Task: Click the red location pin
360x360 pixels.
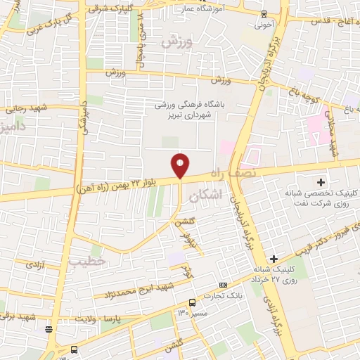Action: [181, 165]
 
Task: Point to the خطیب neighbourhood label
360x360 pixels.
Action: [86, 261]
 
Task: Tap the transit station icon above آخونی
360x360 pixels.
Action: [264, 13]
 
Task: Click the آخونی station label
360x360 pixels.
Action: [264, 24]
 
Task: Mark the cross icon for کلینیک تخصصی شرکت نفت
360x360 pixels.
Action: [320, 182]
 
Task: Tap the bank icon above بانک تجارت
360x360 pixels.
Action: [223, 285]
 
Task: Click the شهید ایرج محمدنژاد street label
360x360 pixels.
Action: [143, 290]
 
